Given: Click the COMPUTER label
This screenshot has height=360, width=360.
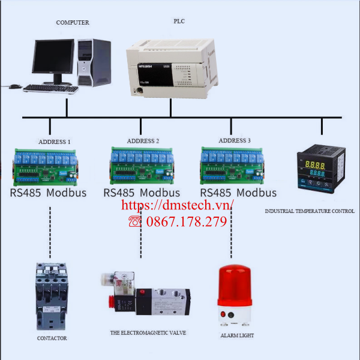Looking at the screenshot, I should [73, 23].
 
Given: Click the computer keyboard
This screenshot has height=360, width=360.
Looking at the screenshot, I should [51, 89].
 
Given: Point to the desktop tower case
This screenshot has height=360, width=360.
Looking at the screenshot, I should [94, 62].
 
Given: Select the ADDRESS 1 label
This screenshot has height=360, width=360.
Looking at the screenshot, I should [55, 142].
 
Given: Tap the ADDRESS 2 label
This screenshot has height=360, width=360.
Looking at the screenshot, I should [143, 140].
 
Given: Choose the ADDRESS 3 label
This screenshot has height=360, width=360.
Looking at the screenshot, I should [235, 140].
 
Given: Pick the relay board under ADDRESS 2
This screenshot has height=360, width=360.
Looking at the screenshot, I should [142, 166].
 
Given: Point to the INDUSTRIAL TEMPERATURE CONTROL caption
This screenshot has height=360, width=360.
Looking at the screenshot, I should [310, 211].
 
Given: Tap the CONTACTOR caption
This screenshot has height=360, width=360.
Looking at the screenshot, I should [52, 338].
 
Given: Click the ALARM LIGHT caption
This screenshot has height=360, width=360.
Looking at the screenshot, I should [237, 336].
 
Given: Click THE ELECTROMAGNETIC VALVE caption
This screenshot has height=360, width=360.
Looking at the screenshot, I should [148, 332].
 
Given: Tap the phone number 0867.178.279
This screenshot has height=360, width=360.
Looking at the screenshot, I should [185, 222].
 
